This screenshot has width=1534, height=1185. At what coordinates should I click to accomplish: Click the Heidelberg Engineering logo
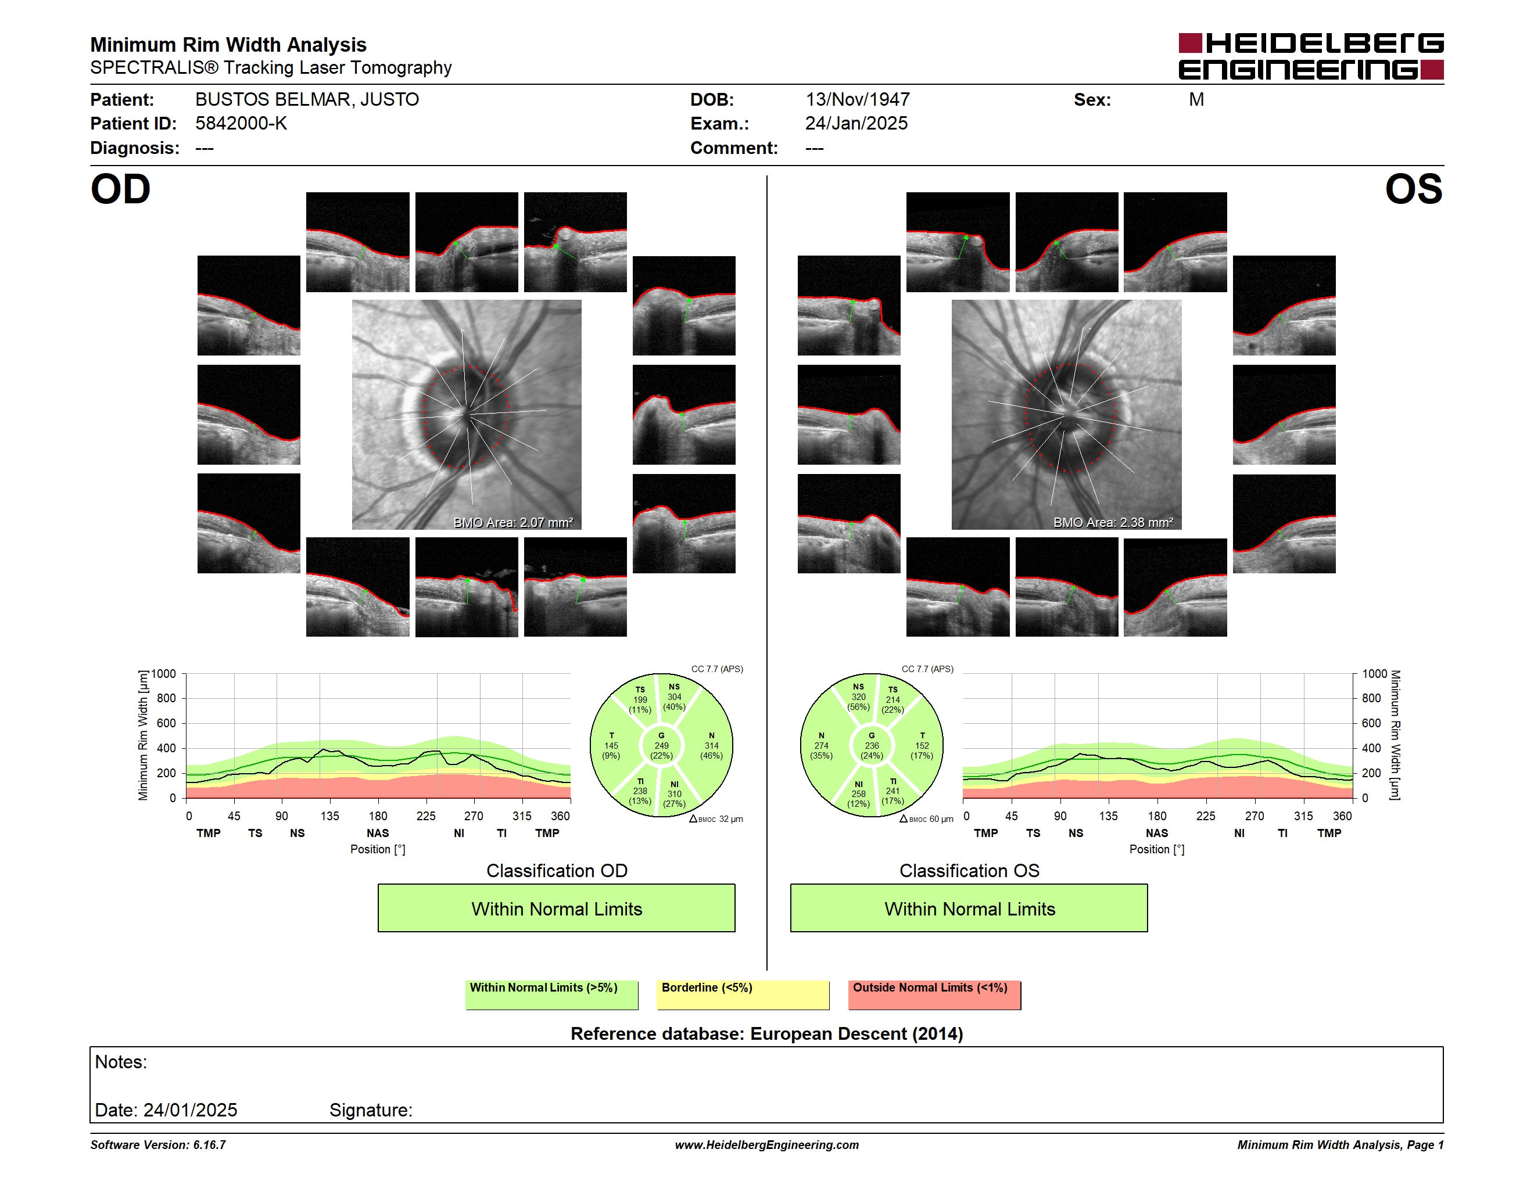pyautogui.click(x=1311, y=56)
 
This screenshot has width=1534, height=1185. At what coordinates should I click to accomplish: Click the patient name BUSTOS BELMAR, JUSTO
pyautogui.click(x=307, y=100)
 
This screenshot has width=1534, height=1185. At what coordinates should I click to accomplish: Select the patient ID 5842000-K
pyautogui.click(x=241, y=124)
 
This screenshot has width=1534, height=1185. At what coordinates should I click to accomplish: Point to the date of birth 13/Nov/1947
pyautogui.click(x=858, y=100)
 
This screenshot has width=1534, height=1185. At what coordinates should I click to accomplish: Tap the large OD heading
pyautogui.click(x=121, y=189)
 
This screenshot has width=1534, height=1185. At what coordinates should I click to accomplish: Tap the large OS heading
pyautogui.click(x=1414, y=189)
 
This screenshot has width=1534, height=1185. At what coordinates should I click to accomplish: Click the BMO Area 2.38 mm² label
pyautogui.click(x=1113, y=522)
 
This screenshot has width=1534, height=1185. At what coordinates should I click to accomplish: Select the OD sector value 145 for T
pyautogui.click(x=611, y=745)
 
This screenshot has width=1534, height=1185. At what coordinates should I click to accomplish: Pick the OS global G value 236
pyautogui.click(x=872, y=745)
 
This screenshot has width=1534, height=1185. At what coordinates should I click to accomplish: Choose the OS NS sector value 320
pyautogui.click(x=858, y=697)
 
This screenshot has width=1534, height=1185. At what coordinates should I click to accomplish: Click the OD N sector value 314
pyautogui.click(x=712, y=745)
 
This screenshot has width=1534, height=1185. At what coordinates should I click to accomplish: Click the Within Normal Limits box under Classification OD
pyautogui.click(x=556, y=909)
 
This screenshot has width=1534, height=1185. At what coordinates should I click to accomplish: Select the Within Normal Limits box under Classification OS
pyautogui.click(x=969, y=909)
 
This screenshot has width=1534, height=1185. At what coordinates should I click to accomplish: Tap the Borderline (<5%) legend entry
pyautogui.click(x=743, y=994)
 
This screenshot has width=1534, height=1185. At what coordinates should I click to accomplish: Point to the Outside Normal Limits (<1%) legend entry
pyautogui.click(x=934, y=994)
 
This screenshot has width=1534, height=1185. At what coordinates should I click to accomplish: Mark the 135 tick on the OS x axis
pyautogui.click(x=1108, y=816)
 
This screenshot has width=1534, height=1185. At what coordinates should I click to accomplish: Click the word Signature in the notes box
pyautogui.click(x=370, y=1110)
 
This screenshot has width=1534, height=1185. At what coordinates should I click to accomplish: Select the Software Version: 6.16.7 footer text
pyautogui.click(x=158, y=1145)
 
